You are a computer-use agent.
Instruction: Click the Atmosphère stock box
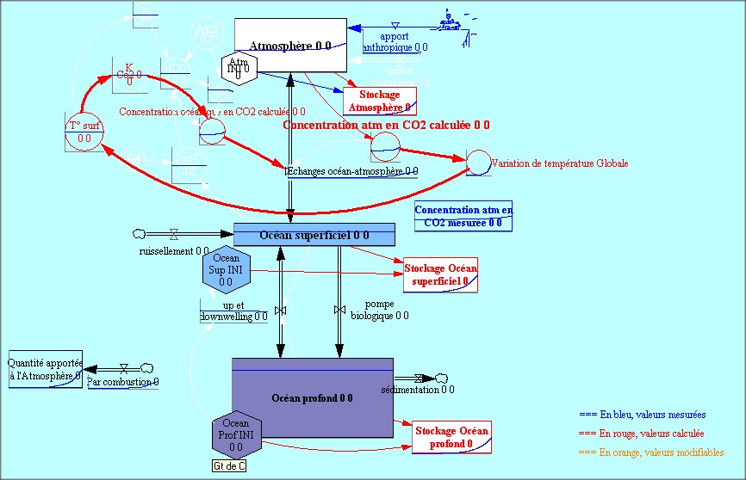(290, 46)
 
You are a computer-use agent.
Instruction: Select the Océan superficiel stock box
(314, 234)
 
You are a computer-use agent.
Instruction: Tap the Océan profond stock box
(313, 397)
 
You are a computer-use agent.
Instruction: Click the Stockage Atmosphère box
(379, 102)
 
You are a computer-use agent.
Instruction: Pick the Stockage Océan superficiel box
(440, 274)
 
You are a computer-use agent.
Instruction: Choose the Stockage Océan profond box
(451, 437)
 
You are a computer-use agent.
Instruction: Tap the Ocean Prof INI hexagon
(236, 435)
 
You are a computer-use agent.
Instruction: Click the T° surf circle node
(84, 132)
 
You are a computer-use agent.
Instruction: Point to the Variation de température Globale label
(559, 163)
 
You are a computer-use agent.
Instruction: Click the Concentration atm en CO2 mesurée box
(463, 216)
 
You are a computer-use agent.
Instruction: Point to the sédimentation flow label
(417, 390)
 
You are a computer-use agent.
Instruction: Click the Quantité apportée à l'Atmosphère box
(45, 369)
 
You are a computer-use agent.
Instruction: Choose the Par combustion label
(123, 381)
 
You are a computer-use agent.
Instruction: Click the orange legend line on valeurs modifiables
(650, 452)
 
